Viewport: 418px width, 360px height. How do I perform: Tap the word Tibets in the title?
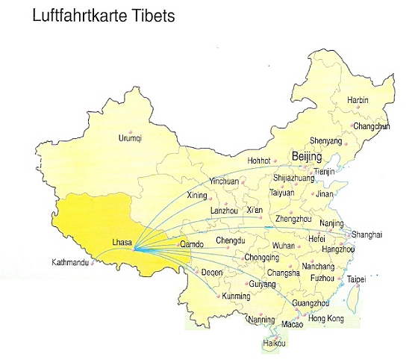click(x=153, y=16)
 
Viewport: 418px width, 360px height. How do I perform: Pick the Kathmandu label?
click(x=72, y=263)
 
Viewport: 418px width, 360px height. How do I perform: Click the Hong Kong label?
click(x=326, y=318)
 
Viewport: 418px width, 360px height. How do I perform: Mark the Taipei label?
click(x=358, y=279)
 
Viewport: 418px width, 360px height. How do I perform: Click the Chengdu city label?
click(x=230, y=240)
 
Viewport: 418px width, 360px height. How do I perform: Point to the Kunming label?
click(x=237, y=297)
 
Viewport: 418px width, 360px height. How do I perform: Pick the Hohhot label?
click(x=261, y=160)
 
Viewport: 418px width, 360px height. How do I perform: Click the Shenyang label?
click(x=325, y=140)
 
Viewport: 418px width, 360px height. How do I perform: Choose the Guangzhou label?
click(x=312, y=302)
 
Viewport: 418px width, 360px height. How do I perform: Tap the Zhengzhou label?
click(x=294, y=219)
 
